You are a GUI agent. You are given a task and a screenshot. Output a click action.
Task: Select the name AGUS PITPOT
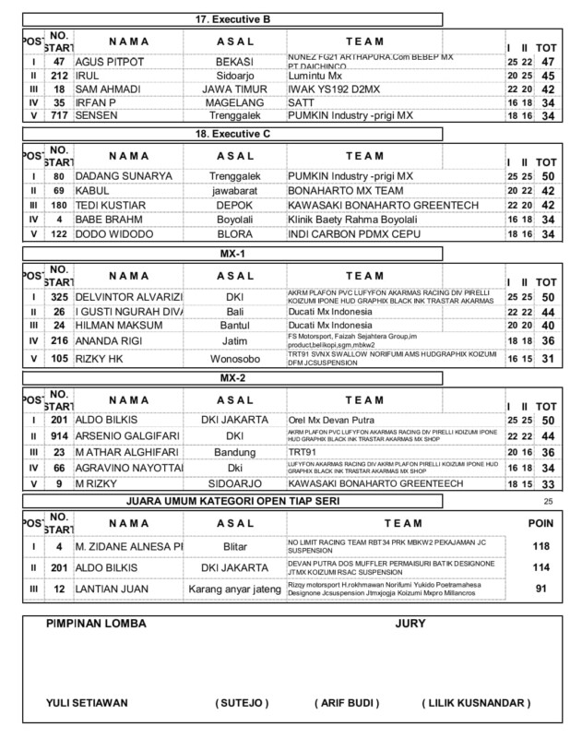click(x=109, y=60)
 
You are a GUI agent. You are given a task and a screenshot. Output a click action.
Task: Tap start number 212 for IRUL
click(x=58, y=75)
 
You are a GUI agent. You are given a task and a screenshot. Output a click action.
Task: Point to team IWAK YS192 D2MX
click(x=331, y=89)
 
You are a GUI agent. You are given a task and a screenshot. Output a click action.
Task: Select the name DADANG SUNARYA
click(x=124, y=176)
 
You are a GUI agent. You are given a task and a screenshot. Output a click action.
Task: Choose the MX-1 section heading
click(x=232, y=251)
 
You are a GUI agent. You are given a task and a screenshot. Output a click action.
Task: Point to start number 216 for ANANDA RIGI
click(x=58, y=339)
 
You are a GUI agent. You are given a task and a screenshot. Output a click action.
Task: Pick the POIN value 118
click(x=540, y=545)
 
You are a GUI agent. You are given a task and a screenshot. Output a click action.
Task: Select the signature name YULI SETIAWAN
click(x=87, y=703)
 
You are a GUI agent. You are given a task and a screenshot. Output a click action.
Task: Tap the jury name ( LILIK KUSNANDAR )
click(x=476, y=703)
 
